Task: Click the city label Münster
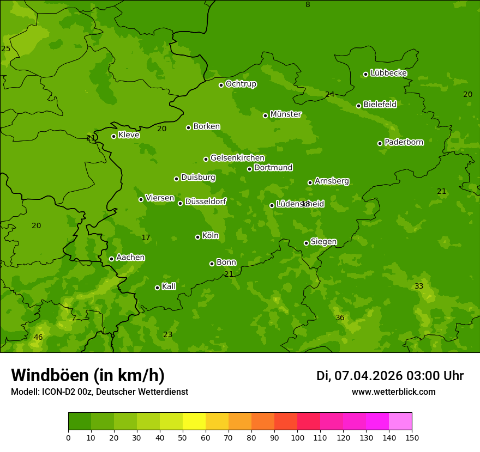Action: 285,114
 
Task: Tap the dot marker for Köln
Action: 197,237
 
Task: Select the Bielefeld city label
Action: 380,105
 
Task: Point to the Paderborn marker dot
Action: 380,143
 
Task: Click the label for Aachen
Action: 130,258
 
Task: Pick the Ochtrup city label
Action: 241,84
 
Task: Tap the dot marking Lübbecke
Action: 365,74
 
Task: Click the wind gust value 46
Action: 38,338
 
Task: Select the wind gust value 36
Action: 340,318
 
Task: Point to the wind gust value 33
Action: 419,286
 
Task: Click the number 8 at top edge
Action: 308,5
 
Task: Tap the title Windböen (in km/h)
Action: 88,376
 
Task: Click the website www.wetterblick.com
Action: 393,392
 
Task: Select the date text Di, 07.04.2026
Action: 359,376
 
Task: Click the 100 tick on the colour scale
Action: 297,437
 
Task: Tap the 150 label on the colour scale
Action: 412,437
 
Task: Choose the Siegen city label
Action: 323,242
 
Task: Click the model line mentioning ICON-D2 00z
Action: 99,392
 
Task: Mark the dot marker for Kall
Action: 157,288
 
